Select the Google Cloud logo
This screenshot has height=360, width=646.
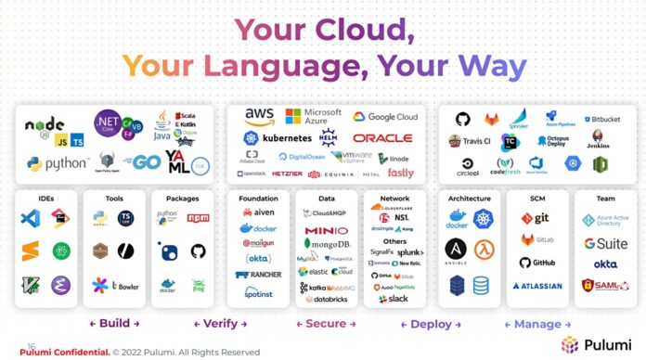pyautogui.click(x=385, y=117)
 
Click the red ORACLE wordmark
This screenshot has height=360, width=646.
pyautogui.click(x=382, y=138)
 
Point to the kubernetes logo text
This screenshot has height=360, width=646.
pyautogui.click(x=280, y=137)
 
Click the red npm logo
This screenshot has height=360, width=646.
pyautogui.click(x=198, y=217)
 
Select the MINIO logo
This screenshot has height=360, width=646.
pyautogui.click(x=325, y=230)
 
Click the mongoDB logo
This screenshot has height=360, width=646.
pyautogui.click(x=327, y=244)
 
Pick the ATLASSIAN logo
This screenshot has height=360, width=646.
pyautogui.click(x=537, y=286)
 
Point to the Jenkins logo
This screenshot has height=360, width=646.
pyautogui.click(x=599, y=140)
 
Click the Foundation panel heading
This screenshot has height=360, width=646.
pyautogui.click(x=257, y=198)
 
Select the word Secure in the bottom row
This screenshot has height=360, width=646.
pyautogui.click(x=325, y=324)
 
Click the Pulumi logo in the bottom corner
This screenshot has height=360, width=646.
pyautogui.click(x=595, y=344)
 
